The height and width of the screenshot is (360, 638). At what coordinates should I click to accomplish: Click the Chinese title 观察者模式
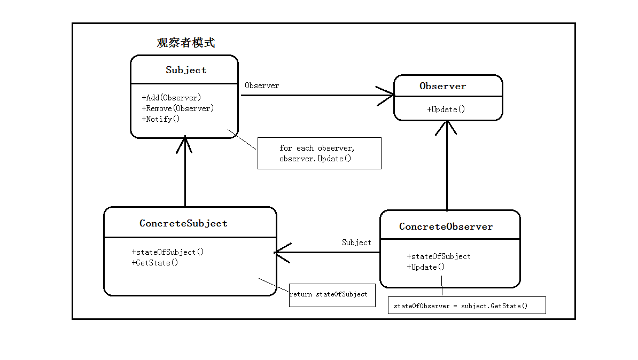tap(186, 43)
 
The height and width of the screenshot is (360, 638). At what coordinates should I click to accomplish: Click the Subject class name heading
tap(186, 70)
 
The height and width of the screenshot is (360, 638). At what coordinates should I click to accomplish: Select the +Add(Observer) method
tap(172, 98)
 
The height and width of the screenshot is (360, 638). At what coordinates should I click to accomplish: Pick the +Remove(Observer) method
tap(178, 108)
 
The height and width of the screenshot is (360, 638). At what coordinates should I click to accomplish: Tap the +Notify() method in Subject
tap(161, 119)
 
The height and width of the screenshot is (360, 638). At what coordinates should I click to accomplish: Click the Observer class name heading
tap(442, 86)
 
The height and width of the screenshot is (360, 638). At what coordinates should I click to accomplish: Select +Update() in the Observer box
tap(446, 109)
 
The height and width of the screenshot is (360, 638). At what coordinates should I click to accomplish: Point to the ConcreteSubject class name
tap(183, 223)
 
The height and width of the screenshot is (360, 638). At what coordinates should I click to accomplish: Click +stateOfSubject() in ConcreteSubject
tap(168, 252)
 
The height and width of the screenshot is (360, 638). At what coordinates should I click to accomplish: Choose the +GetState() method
tap(155, 263)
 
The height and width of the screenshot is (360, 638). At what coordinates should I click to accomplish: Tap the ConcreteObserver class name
tap(446, 226)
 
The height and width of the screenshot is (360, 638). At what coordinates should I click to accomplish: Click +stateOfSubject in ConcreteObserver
tap(439, 256)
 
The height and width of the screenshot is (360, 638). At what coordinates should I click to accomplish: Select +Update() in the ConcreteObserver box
tap(426, 267)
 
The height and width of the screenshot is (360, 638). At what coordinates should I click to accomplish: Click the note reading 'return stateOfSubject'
tap(329, 294)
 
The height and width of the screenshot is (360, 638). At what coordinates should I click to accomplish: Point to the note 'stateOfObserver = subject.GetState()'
tap(461, 306)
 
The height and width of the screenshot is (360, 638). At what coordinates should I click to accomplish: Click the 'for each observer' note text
tap(317, 148)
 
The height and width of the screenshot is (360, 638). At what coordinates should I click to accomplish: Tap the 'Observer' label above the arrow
tap(262, 85)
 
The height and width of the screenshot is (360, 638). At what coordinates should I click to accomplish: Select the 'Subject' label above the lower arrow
tap(356, 242)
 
